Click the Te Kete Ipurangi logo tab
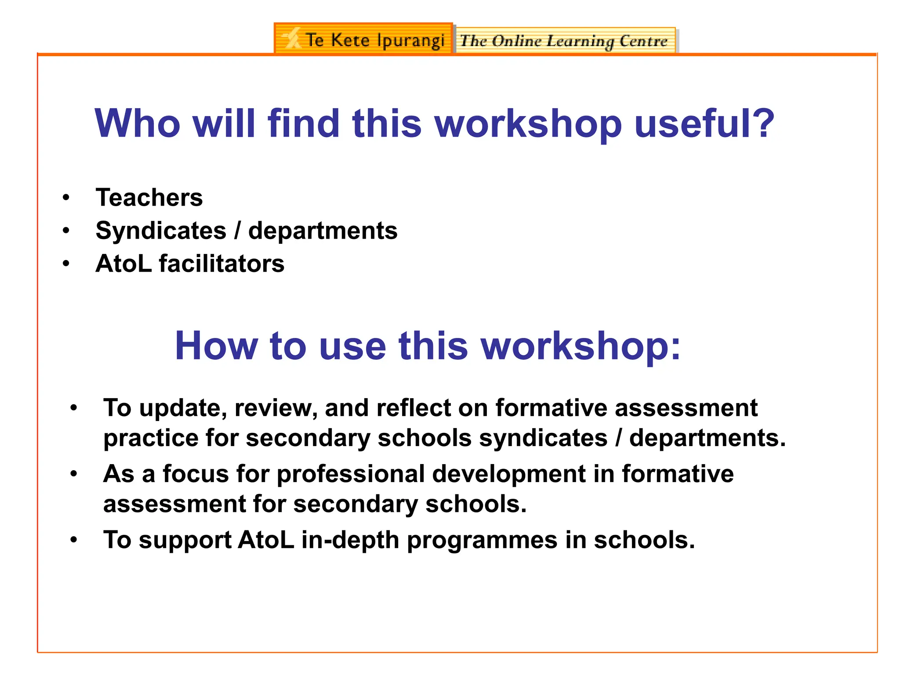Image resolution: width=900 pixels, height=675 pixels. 363,40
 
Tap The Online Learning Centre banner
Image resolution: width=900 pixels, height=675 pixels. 565,41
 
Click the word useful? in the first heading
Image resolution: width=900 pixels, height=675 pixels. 704,123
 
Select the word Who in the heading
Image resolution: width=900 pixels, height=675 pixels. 138,123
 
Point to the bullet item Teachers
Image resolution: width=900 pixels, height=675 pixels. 149,197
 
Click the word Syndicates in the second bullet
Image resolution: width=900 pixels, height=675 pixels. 161,231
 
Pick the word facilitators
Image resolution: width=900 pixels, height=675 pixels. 221,264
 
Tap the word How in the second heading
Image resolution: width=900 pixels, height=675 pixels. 216,346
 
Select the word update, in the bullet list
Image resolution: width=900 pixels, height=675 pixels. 183,409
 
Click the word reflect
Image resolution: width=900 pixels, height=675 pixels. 414,408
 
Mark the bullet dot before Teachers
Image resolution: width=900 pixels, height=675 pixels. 66,197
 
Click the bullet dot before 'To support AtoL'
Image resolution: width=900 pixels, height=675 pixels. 73,540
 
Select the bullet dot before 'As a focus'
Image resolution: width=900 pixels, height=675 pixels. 73,474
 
